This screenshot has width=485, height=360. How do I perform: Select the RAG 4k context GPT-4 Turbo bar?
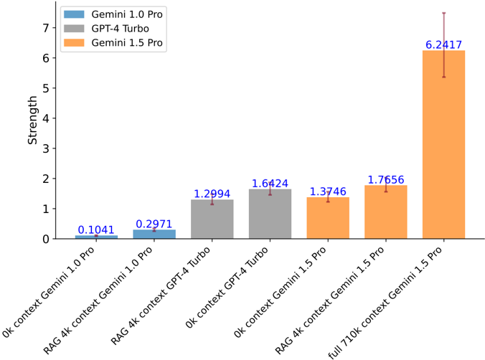[212, 219]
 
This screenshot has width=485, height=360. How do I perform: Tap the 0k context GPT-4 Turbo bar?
[270, 214]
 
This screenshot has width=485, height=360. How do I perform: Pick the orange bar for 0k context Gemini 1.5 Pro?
[328, 218]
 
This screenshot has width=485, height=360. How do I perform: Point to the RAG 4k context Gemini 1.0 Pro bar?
[154, 234]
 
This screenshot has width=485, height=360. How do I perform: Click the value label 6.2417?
[443, 44]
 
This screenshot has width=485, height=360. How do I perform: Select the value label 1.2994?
[212, 194]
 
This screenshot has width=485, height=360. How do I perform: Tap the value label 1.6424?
[270, 184]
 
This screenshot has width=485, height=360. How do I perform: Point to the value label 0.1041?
[96, 229]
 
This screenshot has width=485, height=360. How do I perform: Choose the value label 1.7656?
[385, 180]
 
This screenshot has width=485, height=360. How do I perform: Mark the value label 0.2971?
[154, 224]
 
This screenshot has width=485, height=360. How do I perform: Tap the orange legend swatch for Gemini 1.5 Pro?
[72, 43]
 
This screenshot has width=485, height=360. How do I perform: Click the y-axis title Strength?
[33, 120]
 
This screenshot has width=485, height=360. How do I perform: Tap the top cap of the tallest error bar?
[443, 13]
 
